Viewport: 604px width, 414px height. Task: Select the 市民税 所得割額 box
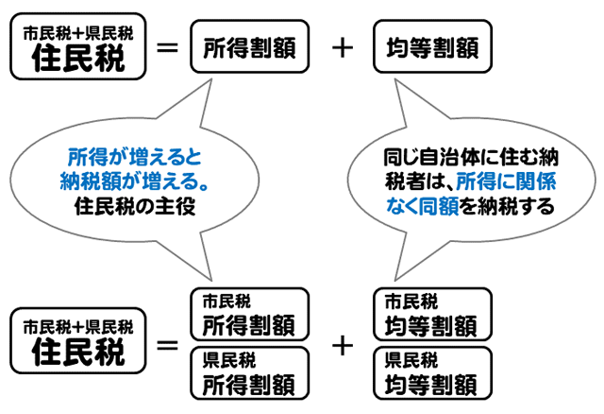coord(251,315)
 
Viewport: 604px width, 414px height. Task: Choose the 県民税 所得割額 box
coord(251,371)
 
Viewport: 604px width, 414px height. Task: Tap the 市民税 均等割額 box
coord(432,315)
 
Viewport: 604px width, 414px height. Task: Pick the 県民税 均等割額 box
coord(432,371)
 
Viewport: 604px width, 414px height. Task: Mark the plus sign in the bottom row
coord(343,343)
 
